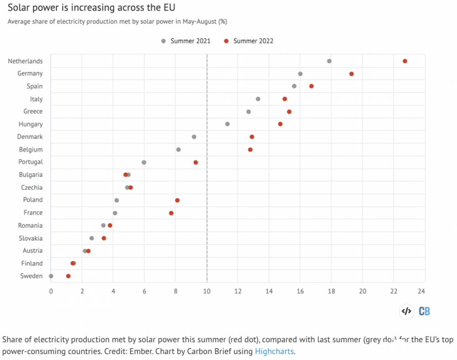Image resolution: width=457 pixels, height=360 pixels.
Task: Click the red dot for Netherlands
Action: (405, 61)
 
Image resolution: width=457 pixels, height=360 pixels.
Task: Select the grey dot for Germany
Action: (300, 74)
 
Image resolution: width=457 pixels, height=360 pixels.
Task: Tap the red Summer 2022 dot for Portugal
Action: (196, 162)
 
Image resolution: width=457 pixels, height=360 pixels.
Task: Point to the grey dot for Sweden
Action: (51, 276)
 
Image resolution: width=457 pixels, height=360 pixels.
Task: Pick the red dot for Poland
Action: (177, 200)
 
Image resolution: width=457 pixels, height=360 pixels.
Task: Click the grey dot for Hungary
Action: (228, 124)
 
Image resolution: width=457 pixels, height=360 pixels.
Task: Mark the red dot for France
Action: (171, 213)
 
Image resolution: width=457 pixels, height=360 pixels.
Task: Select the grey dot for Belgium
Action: (178, 150)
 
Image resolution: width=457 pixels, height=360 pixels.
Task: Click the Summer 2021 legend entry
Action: (186, 41)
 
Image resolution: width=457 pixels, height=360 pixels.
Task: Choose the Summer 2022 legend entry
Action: (249, 41)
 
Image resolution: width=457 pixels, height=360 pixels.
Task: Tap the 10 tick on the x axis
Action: (207, 290)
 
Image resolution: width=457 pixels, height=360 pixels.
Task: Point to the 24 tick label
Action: (421, 290)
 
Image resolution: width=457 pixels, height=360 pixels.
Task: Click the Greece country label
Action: (33, 111)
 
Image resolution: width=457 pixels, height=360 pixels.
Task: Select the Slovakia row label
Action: (31, 238)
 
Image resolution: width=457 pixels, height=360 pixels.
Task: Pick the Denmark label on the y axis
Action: (30, 137)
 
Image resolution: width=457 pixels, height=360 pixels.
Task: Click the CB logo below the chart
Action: (425, 312)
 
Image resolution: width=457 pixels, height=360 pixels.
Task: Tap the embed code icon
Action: (406, 312)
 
